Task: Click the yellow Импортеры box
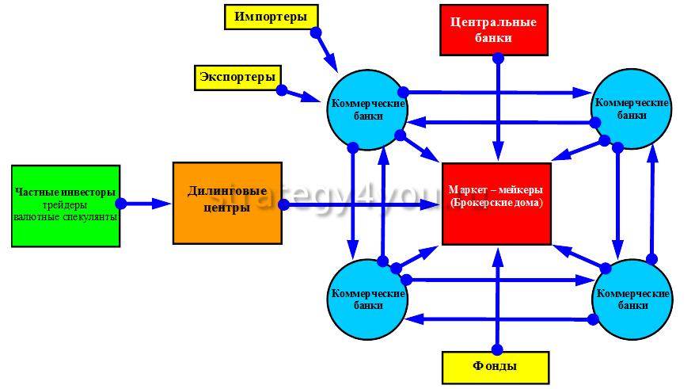272,17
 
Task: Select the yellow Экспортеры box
238,78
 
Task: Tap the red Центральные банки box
494,30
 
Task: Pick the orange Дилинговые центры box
227,203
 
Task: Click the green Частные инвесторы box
66,206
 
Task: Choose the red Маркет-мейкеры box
496,204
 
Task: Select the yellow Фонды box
496,368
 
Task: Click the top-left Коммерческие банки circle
367,109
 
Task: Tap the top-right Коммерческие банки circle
632,109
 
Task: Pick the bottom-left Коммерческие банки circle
367,299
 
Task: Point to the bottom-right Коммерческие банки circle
632,299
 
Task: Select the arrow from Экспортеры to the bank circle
301,95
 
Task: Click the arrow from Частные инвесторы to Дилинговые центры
146,204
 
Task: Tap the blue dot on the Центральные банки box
498,58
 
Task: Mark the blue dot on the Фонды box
497,350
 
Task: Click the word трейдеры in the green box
65,205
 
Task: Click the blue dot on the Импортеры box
316,32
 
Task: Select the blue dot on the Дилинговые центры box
283,204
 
